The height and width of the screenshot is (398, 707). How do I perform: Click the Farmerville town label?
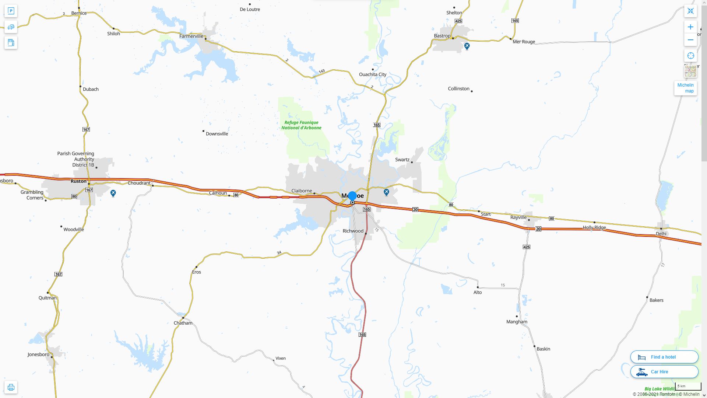click(191, 36)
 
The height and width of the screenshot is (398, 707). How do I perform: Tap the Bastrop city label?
click(442, 36)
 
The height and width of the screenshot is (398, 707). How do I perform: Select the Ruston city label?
click(78, 181)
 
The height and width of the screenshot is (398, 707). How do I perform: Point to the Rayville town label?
click(518, 217)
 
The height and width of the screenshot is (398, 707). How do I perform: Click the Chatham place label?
click(183, 323)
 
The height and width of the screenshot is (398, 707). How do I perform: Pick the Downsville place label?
click(217, 133)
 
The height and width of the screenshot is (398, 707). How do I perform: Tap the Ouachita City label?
click(373, 74)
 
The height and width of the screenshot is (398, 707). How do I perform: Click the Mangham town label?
click(517, 322)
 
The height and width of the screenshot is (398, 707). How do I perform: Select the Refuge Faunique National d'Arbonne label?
click(301, 125)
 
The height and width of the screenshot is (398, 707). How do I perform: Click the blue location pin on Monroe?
click(352, 196)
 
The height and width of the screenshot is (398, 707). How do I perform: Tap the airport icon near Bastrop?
click(467, 46)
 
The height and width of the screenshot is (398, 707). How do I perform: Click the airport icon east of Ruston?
click(113, 193)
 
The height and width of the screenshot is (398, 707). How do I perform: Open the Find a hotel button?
click(664, 357)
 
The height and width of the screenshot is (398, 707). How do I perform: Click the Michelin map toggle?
click(685, 88)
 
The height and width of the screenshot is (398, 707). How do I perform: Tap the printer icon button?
click(11, 387)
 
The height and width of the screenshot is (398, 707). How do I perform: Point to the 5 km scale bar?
click(688, 387)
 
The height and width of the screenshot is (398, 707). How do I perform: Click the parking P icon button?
click(11, 11)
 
